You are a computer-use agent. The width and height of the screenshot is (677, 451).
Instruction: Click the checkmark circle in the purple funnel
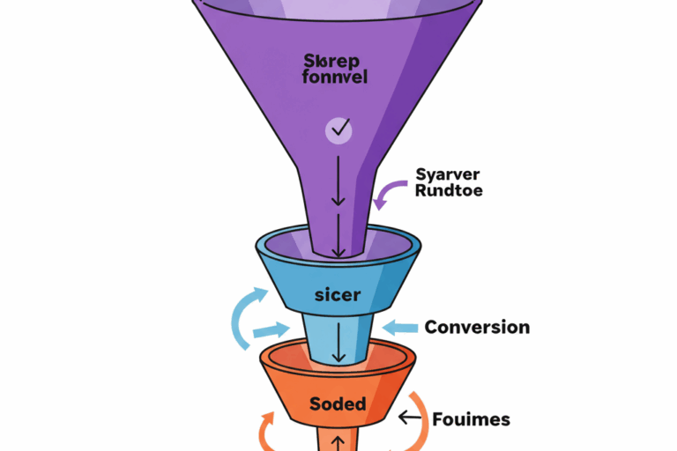[x=338, y=131]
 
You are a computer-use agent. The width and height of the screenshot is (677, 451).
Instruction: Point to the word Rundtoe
[x=448, y=190]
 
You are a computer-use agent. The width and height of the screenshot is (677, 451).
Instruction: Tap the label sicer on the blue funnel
[x=338, y=294]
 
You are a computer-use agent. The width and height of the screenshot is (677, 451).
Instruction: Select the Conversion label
[x=477, y=328]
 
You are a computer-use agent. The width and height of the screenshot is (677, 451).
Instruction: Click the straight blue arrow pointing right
[x=270, y=332]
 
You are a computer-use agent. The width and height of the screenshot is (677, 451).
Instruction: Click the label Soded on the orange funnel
[x=338, y=404]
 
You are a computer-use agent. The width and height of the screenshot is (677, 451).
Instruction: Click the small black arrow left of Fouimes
[x=408, y=418]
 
